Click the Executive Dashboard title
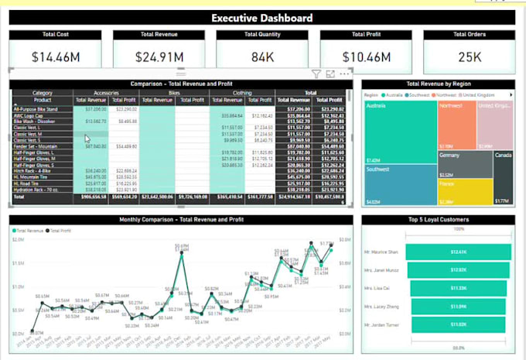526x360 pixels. click(263, 18)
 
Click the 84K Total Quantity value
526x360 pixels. click(262, 57)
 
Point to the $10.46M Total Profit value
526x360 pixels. click(367, 57)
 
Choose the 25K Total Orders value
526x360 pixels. click(470, 57)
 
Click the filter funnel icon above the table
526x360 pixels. click(316, 74)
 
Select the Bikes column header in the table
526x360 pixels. click(175, 92)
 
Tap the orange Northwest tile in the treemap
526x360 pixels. click(456, 124)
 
